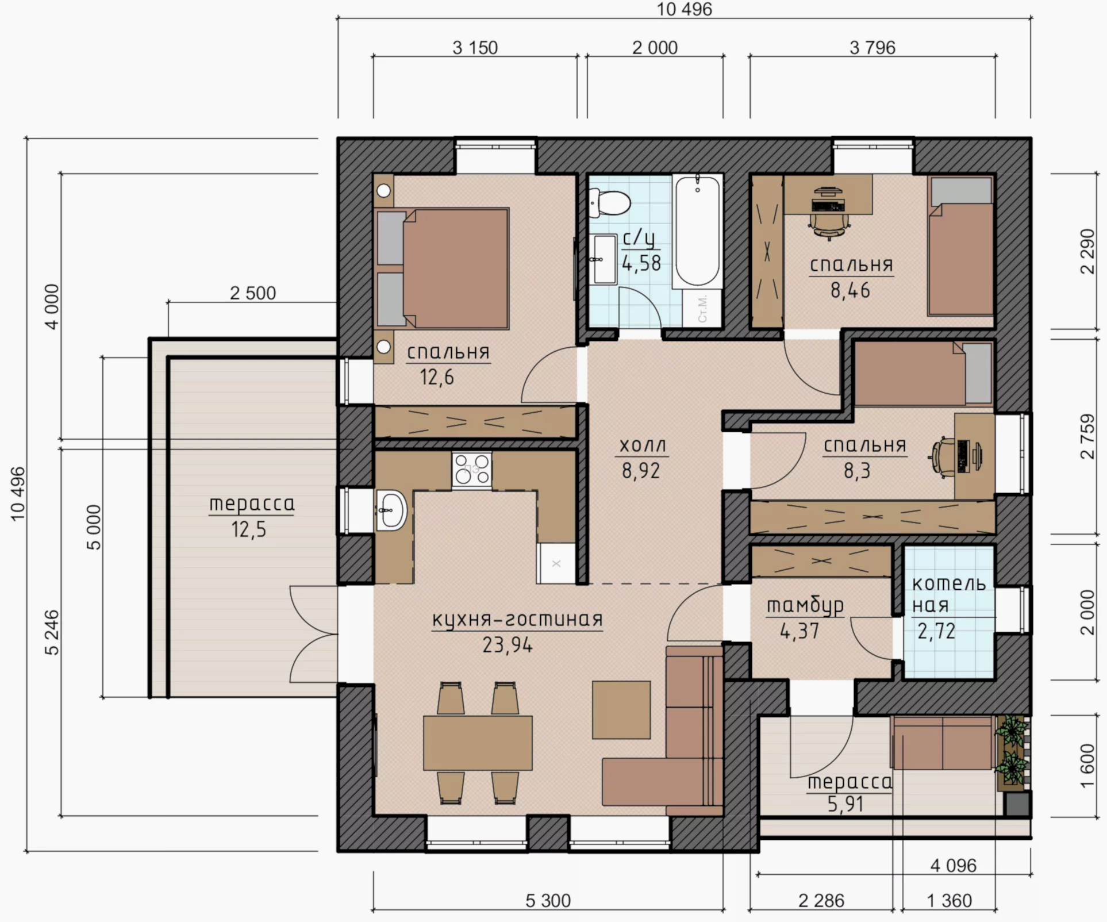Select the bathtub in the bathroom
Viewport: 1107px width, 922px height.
pyautogui.click(x=697, y=231)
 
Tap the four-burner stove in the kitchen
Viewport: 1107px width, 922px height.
pyautogui.click(x=471, y=470)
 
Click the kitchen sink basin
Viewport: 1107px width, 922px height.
pyautogui.click(x=392, y=509)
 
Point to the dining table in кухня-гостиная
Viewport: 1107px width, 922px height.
pyautogui.click(x=478, y=743)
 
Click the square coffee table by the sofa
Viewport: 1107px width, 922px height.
pyautogui.click(x=621, y=710)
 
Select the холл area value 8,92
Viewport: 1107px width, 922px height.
pyautogui.click(x=641, y=471)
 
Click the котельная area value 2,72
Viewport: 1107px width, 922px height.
pyautogui.click(x=936, y=632)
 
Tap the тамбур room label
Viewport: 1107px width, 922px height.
pyautogui.click(x=805, y=606)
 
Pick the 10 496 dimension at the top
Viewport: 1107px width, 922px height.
pyautogui.click(x=684, y=9)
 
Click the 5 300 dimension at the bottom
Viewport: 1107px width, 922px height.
pyautogui.click(x=548, y=901)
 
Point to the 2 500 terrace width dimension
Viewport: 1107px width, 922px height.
pyautogui.click(x=253, y=293)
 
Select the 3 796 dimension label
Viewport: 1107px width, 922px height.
pyautogui.click(x=872, y=48)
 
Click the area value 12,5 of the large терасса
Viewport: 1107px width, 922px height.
pyautogui.click(x=249, y=529)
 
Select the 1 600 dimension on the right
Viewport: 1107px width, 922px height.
pyautogui.click(x=1087, y=766)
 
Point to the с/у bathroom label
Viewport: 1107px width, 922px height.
pyautogui.click(x=639, y=238)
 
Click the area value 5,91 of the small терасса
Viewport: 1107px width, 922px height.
pyautogui.click(x=845, y=804)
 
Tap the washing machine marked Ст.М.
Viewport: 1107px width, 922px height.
pyautogui.click(x=702, y=309)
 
